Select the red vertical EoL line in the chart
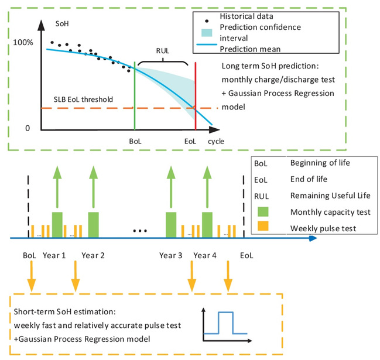click(x=195, y=94)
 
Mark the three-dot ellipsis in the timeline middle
click(x=139, y=231)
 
